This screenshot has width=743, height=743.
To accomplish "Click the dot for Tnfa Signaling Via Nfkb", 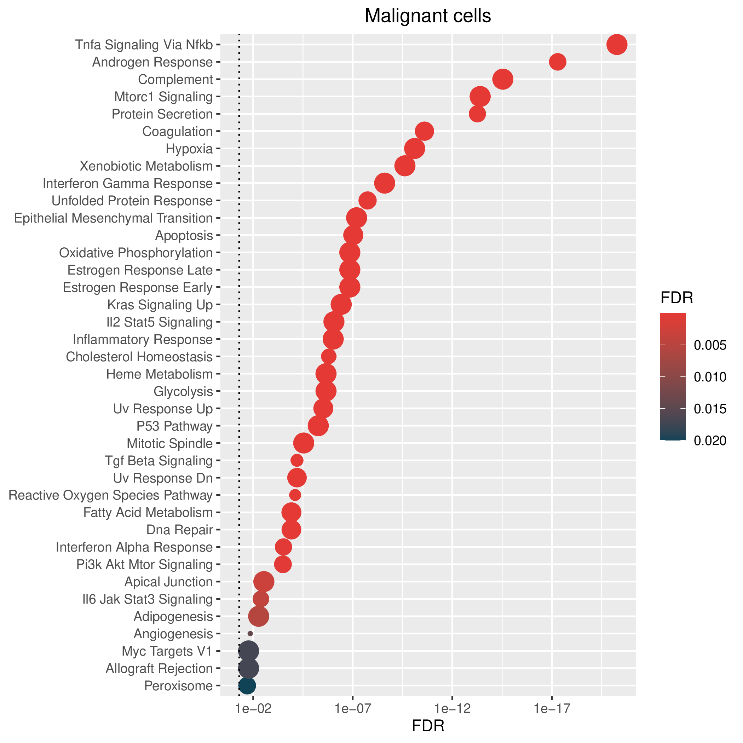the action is coord(617,45).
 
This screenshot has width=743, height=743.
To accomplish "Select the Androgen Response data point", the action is coord(558,62).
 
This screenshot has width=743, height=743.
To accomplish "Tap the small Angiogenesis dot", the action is coord(250,633).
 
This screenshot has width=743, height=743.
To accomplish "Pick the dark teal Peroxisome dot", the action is coord(247,685).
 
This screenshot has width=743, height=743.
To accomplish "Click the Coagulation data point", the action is coord(425,132).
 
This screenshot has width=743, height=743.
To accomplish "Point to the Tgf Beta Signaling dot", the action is coord(297,460).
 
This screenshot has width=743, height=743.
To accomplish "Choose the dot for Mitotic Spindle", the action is coord(304,443).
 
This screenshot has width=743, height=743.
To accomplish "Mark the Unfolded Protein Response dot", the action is coord(367,201).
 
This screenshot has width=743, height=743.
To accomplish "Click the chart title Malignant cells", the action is coord(428,16).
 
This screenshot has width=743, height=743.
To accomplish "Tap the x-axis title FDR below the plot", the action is coord(428,726).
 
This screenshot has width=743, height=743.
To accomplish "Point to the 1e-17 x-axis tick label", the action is coord(552,708).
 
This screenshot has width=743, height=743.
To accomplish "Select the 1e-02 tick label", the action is coord(253,708).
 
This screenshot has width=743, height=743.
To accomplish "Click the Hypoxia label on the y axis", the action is coord(189,149).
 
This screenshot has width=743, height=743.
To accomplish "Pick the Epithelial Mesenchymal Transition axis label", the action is coord(114,218).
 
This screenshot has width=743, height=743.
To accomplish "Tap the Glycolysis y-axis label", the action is coord(183,392).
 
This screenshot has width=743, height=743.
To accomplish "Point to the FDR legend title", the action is coord(676,298).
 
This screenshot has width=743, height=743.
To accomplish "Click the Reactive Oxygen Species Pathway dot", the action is coord(295,495).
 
